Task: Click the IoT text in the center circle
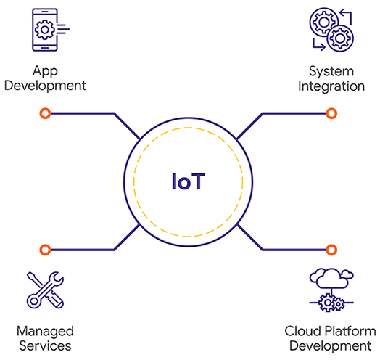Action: click(189, 181)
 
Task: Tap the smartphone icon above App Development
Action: click(45, 30)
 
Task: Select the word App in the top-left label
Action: click(45, 72)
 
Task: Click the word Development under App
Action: click(45, 86)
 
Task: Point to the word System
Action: click(331, 72)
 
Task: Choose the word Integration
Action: click(331, 86)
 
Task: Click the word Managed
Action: click(45, 332)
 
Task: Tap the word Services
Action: click(45, 345)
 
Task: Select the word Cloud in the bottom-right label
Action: click(303, 331)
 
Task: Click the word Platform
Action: click(350, 331)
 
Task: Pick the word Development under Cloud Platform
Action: click(331, 345)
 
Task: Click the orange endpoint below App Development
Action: click(45, 113)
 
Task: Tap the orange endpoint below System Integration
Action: click(331, 113)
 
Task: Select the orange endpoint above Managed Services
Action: click(45, 250)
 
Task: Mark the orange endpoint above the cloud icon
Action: click(331, 250)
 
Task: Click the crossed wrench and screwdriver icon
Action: click(45, 290)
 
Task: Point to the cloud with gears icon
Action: click(331, 290)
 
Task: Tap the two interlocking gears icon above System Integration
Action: click(331, 30)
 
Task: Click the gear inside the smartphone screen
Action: click(44, 30)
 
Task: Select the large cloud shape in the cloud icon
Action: click(331, 278)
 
